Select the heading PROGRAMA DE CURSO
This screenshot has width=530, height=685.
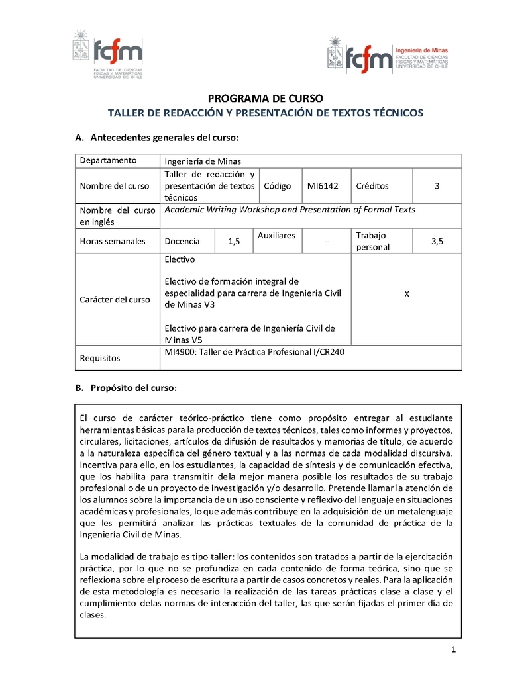[x=265, y=98]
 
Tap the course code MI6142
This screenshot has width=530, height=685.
[x=323, y=186]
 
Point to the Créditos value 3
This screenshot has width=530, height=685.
[x=437, y=186]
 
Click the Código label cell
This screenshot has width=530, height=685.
[x=278, y=186]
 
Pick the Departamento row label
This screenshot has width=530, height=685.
[x=109, y=160]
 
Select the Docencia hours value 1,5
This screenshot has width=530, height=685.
[x=234, y=242]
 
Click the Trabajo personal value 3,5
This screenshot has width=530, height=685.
[x=437, y=242]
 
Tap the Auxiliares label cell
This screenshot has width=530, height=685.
[x=276, y=236]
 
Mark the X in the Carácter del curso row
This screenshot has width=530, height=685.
[x=406, y=293]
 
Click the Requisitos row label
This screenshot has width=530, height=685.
[x=100, y=358]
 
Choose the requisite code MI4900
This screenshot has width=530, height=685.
[x=179, y=351]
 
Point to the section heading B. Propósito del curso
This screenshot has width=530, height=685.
[x=126, y=388]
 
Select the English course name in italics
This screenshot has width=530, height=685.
[x=290, y=210]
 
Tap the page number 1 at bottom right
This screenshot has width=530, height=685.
[x=453, y=649]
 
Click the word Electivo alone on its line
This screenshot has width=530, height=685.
[x=180, y=260]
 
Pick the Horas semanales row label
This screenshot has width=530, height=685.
[x=113, y=242]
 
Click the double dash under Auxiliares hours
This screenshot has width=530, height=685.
[x=327, y=242]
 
